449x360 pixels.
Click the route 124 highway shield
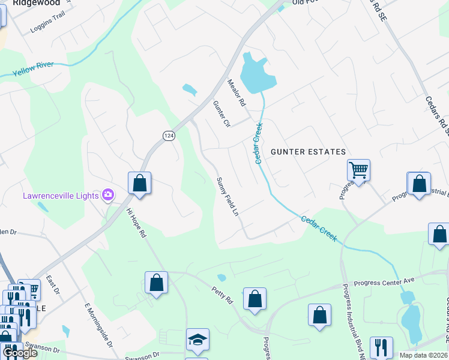pos(169,137)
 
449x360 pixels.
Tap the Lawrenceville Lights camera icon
pos(108,194)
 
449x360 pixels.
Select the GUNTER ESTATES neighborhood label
pos(309,152)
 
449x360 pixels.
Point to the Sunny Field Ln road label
pos(228,197)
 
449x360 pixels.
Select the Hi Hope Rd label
pos(136,223)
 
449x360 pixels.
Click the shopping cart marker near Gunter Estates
pos(358,170)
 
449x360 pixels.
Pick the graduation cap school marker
pos(197,340)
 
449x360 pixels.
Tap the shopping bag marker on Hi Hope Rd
pos(156,282)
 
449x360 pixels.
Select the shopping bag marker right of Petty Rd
pos(255,299)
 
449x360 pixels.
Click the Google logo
pos(20,353)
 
